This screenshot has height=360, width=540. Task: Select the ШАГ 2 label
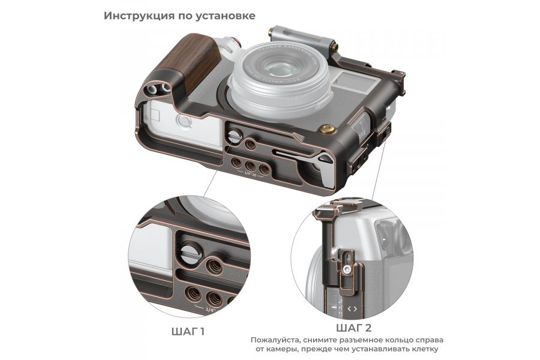click(x=353, y=328)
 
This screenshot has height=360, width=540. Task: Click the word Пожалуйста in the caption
click(x=279, y=340)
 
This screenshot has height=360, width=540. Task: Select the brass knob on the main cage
click(x=326, y=129)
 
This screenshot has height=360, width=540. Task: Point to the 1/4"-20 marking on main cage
click(x=250, y=173)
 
